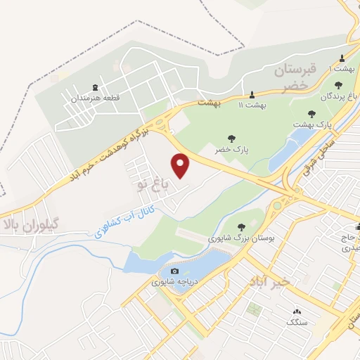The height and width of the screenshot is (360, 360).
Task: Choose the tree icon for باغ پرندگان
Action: (338, 85)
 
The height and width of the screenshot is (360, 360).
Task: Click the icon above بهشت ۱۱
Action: (252, 94)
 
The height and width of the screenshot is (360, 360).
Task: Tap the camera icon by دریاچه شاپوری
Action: (174, 271)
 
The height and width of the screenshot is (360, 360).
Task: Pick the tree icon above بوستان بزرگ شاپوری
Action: (242, 226)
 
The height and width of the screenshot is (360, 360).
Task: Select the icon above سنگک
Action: (295, 311)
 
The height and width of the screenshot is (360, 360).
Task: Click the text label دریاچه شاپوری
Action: (174, 283)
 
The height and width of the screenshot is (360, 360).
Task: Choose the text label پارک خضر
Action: (231, 150)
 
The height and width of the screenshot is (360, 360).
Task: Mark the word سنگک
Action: (296, 322)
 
